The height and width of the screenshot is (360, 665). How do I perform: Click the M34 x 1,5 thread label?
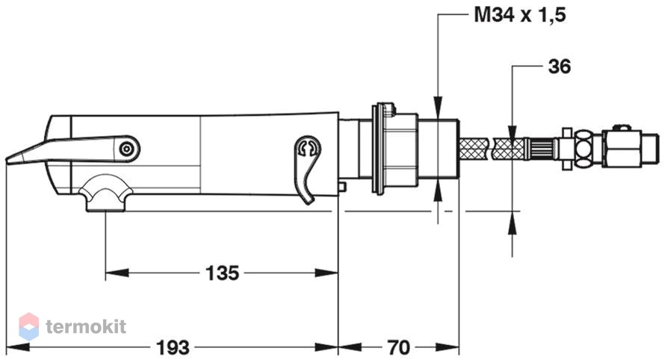(519, 15)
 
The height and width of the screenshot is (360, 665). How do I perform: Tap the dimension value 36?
(560, 66)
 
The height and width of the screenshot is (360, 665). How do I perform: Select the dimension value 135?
(222, 273)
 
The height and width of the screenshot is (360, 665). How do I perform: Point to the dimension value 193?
(173, 348)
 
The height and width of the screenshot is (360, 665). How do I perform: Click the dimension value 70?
(399, 348)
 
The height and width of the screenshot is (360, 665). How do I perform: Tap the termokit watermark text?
(86, 326)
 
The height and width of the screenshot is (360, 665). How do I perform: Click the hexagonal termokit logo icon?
(29, 326)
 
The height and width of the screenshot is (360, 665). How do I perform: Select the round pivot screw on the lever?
(126, 149)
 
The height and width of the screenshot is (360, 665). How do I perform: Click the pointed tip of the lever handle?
(7, 160)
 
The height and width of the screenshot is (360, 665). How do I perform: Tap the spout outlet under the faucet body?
(105, 194)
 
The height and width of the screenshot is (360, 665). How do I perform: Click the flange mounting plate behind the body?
(376, 149)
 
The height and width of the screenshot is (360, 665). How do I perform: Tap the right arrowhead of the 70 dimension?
(448, 348)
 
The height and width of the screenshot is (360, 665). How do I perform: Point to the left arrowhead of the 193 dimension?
(18, 348)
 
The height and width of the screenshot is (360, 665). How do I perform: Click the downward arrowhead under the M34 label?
(438, 108)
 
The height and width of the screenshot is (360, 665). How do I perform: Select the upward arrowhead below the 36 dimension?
(513, 222)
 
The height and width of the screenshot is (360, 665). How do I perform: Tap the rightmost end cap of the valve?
(651, 149)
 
